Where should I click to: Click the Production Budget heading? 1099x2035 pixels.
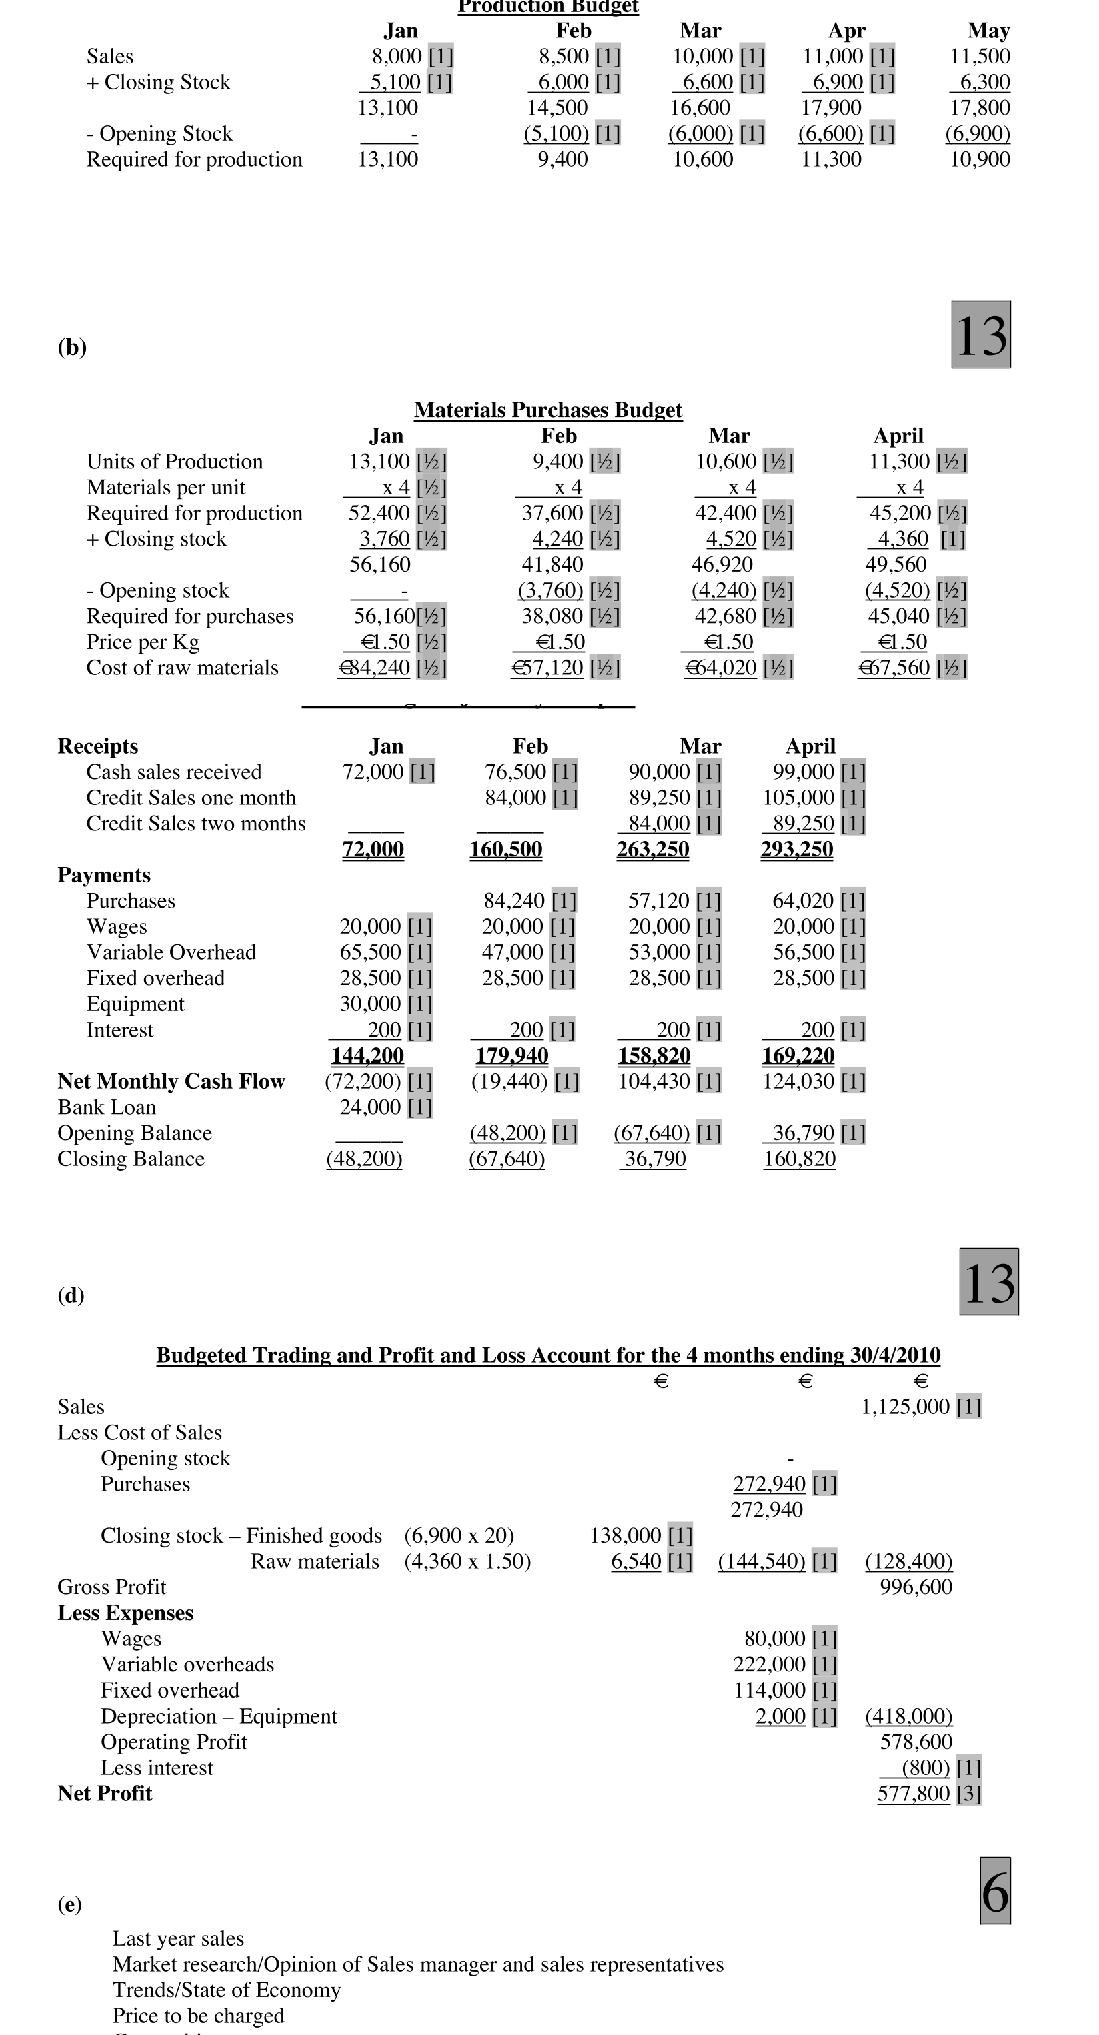pyautogui.click(x=547, y=7)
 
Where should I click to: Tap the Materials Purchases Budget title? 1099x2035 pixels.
pyautogui.click(x=547, y=410)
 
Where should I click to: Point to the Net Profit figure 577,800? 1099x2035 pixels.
pyautogui.click(x=914, y=1794)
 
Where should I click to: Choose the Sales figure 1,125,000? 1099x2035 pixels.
pyautogui.click(x=905, y=1407)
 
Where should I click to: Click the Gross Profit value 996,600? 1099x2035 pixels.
pyautogui.click(x=916, y=1587)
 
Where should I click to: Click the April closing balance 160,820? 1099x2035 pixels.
pyautogui.click(x=799, y=1159)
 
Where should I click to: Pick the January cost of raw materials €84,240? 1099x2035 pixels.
pyautogui.click(x=375, y=668)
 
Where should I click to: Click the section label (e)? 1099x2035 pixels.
pyautogui.click(x=69, y=1905)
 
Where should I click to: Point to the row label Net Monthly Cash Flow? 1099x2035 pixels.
pyautogui.click(x=171, y=1081)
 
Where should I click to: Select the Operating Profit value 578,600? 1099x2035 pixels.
pyautogui.click(x=916, y=1742)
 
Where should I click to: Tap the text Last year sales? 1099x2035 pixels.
pyautogui.click(x=178, y=1939)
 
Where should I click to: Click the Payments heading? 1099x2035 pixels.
pyautogui.click(x=103, y=875)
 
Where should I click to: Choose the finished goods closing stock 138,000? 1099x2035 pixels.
pyautogui.click(x=625, y=1535)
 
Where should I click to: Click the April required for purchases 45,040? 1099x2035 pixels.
pyautogui.click(x=899, y=616)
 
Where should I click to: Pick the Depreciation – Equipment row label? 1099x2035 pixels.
pyautogui.click(x=219, y=1716)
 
